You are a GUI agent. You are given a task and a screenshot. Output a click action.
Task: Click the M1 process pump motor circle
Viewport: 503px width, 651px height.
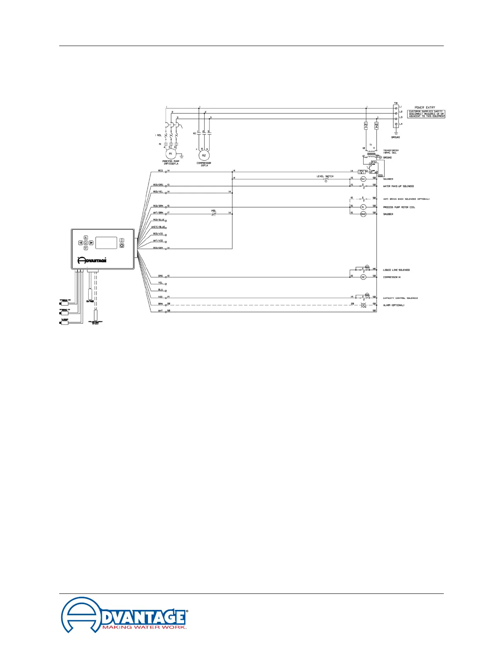point(171,154)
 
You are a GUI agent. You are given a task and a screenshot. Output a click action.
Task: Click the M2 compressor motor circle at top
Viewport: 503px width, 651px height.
point(204,155)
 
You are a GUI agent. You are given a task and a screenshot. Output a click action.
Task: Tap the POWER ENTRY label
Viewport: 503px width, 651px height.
point(425,107)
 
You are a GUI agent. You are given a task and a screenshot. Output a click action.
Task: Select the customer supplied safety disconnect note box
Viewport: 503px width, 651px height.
point(426,114)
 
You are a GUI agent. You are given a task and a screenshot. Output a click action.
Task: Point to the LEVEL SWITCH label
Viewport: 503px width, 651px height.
point(325,176)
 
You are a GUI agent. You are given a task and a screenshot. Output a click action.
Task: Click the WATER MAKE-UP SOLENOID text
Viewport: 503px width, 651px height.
point(398,186)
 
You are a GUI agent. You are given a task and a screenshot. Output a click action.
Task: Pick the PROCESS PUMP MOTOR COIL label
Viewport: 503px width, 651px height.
point(399,207)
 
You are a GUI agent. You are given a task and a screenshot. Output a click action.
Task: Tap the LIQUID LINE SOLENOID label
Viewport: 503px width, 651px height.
point(396,270)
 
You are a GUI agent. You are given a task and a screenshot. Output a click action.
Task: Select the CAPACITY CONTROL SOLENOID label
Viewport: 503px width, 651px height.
point(400,298)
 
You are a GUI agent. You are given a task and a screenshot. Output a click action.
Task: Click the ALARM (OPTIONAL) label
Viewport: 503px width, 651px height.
point(394,305)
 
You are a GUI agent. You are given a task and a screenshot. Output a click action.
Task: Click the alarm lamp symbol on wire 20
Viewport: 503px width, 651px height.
point(363,305)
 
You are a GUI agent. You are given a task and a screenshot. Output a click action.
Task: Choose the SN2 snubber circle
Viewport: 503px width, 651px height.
point(363,214)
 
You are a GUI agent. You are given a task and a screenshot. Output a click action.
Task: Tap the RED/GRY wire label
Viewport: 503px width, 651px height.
point(158,248)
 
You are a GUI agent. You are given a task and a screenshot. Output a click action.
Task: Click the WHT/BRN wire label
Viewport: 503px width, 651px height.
point(158,212)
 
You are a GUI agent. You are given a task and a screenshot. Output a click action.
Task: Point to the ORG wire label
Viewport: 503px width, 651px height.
point(160,276)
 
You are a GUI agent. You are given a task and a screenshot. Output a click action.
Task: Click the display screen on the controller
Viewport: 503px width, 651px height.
point(106,242)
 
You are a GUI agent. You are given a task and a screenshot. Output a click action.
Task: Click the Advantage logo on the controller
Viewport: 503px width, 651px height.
point(92,260)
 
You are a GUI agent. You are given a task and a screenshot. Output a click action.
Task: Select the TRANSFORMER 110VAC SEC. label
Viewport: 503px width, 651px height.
point(390,152)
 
